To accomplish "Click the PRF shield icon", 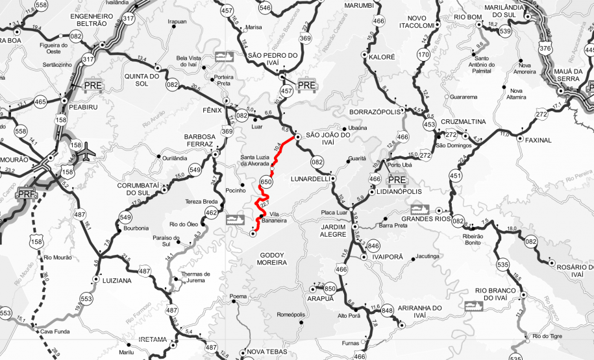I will [27, 193].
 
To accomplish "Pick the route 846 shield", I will [373, 246].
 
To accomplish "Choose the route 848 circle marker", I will [388, 311].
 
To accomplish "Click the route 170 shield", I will [424, 54].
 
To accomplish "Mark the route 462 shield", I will [211, 212].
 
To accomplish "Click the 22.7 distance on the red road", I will [264, 204].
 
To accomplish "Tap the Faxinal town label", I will [538, 139].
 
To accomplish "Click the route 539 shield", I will [506, 30].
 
